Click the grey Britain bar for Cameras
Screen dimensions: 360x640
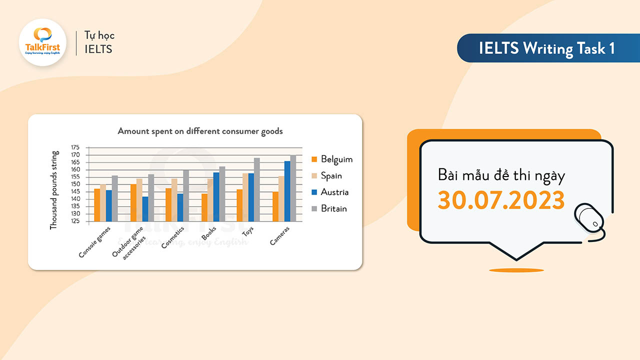(293, 188)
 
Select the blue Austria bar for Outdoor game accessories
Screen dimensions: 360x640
(145, 208)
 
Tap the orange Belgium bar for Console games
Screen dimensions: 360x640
(97, 205)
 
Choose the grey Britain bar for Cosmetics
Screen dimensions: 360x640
(186, 195)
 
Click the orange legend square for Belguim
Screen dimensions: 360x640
(314, 159)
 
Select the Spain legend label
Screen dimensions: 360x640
(331, 176)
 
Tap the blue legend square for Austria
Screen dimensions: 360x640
(314, 192)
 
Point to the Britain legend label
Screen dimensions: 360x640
(334, 208)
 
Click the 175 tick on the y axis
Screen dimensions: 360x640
(75, 147)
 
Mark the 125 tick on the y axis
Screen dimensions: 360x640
(75, 221)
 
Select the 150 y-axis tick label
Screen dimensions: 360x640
(75, 184)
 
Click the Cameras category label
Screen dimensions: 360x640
(280, 235)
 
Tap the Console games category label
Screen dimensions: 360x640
(95, 242)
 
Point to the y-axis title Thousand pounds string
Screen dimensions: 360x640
(54, 190)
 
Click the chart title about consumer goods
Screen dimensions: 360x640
(200, 131)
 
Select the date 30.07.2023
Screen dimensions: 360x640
(501, 200)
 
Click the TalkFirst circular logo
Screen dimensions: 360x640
(42, 42)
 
